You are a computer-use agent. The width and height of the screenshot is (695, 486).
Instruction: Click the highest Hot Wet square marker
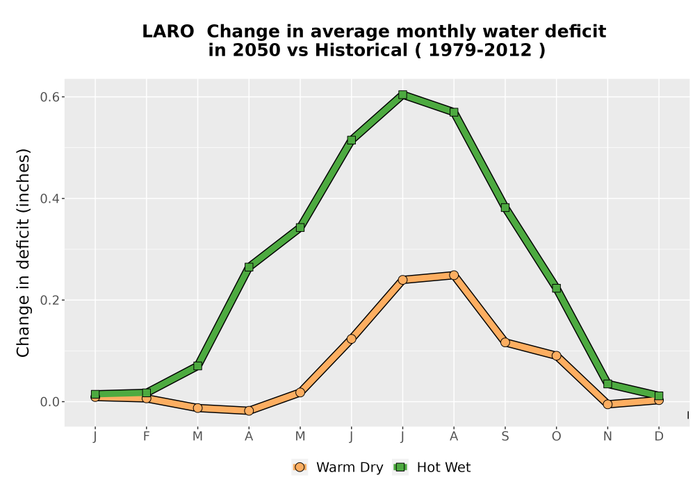[x=402, y=94]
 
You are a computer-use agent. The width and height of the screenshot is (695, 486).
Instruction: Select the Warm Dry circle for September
[x=505, y=342]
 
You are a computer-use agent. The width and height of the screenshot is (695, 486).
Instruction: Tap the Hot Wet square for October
[x=556, y=288]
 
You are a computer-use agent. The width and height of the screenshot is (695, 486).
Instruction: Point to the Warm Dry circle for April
[x=249, y=411]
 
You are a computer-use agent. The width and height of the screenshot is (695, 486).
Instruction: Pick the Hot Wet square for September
[x=505, y=207]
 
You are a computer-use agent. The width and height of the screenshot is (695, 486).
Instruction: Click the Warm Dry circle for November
[x=607, y=404]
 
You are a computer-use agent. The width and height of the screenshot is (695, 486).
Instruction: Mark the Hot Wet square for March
[x=197, y=366]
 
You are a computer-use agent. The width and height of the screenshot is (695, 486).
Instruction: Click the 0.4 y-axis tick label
[x=49, y=199]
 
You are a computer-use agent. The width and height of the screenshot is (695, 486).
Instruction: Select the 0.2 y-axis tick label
[x=49, y=300]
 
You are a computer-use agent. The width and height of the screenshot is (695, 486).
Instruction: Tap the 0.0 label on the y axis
[x=49, y=402]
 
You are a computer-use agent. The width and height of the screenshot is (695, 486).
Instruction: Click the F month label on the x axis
[x=146, y=437]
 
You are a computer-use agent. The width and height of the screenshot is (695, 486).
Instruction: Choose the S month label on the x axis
[x=505, y=437]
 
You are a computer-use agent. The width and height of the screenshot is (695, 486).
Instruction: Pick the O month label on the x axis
[x=556, y=437]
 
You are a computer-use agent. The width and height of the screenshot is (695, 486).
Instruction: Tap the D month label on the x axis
[x=659, y=437]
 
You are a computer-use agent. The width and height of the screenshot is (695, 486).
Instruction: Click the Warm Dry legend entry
[x=337, y=467]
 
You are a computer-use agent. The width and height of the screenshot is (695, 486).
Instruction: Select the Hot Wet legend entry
[x=432, y=467]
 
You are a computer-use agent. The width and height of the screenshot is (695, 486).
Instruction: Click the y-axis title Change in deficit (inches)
[x=23, y=253]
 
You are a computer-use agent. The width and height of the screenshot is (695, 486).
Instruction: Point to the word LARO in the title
[x=168, y=31]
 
